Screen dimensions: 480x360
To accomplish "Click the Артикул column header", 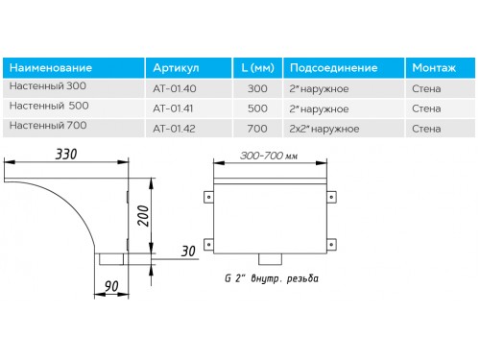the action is coord(176,68).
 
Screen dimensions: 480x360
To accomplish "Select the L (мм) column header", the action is coord(257,68).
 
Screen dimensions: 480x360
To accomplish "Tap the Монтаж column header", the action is coord(434,68).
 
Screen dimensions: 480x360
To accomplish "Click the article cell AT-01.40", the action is coord(175,88).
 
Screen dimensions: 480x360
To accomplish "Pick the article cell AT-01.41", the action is coord(173,108).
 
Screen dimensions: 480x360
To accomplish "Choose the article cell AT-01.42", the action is coord(174,129).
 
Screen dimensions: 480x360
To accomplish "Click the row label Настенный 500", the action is coord(49,106).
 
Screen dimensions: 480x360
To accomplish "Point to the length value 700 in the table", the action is coord(257,129).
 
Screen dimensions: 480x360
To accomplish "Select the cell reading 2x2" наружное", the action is coord(324,129).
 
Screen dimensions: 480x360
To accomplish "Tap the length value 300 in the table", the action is coord(257,88).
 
